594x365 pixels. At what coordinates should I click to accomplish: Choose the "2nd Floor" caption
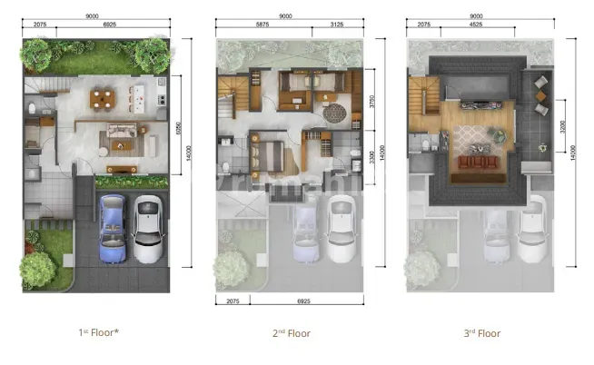coord(292,333)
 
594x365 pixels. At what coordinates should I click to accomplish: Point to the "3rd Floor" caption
coord(481,333)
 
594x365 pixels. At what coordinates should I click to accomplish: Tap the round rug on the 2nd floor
coord(335,113)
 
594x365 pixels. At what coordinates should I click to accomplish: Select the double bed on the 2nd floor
coord(271,151)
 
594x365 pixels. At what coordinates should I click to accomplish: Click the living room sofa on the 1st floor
coord(120,135)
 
